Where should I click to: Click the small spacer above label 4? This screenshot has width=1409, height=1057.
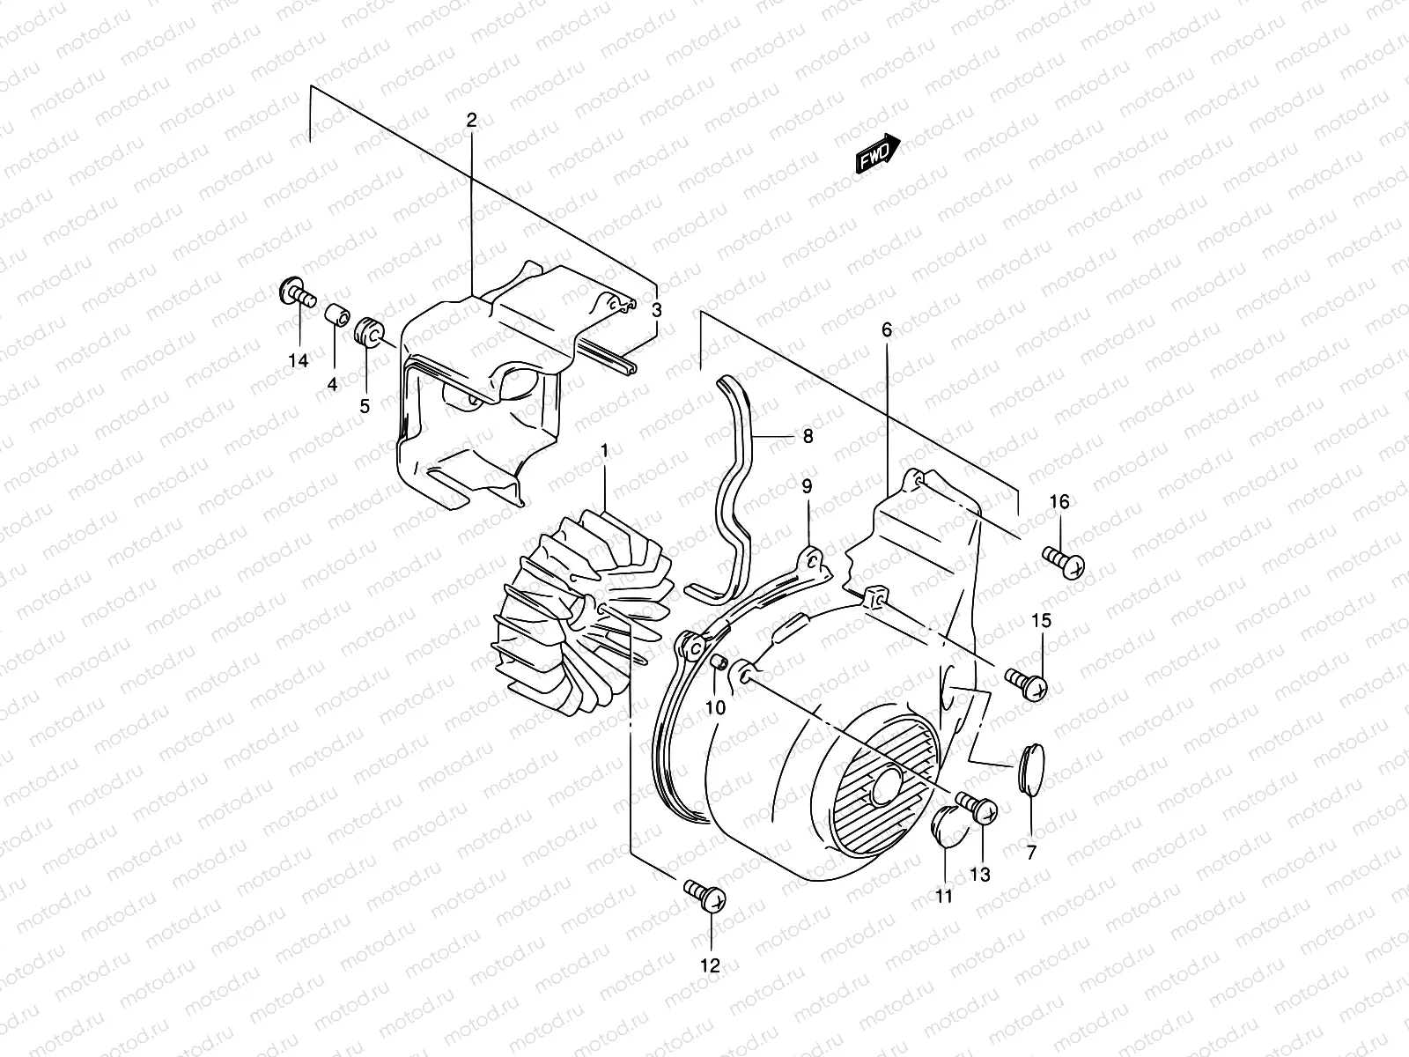tap(335, 314)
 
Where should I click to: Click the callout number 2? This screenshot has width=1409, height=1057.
tap(471, 121)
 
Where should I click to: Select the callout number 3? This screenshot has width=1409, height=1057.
tap(657, 310)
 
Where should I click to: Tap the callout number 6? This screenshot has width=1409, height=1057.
tap(887, 330)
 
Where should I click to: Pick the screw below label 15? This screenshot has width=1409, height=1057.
tap(1027, 682)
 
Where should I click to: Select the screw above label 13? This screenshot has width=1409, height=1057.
tap(975, 807)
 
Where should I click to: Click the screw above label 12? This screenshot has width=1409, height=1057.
tap(705, 896)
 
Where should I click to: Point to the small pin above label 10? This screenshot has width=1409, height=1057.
tap(718, 663)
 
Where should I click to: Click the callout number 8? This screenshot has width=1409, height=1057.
tap(808, 435)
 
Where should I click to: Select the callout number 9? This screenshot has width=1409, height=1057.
tap(807, 486)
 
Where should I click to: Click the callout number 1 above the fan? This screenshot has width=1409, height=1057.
tap(605, 452)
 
